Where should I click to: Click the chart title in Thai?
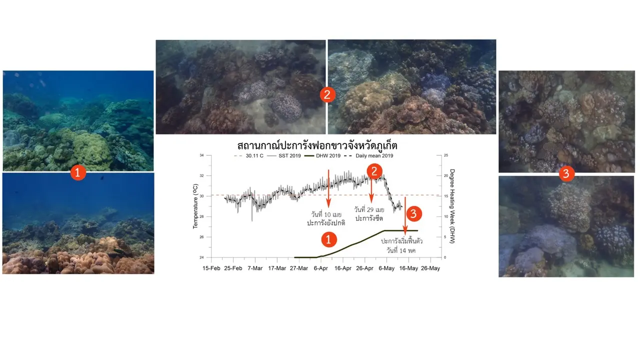[x=317, y=145]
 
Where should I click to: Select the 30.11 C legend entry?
[x=248, y=155]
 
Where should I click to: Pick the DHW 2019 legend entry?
[x=322, y=155]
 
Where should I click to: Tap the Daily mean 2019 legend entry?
[x=368, y=155]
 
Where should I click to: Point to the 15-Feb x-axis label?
[x=211, y=268]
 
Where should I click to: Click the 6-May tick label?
[x=386, y=268]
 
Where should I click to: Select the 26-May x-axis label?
[x=430, y=268]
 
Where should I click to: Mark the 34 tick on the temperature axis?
[x=201, y=155]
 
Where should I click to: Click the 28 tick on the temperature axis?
[x=201, y=216]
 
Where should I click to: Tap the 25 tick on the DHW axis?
[x=446, y=155]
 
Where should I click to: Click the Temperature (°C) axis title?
[x=195, y=206]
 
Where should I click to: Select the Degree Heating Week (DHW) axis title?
[x=452, y=206]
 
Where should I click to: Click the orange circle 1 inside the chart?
[x=328, y=239]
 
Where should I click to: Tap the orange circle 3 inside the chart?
[x=413, y=213]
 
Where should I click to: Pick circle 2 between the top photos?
[x=327, y=95]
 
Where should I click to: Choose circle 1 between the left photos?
[x=78, y=172]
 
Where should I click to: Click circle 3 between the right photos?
[x=566, y=173]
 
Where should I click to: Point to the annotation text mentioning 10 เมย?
[x=326, y=218]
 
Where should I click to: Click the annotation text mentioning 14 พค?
[x=401, y=245]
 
